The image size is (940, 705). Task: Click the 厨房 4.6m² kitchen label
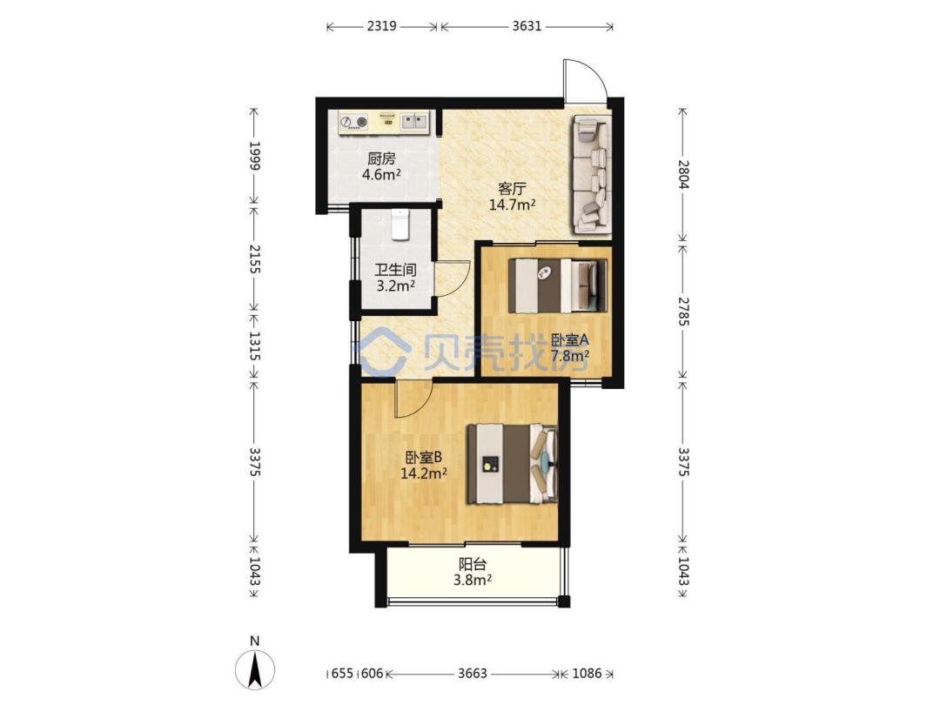[x=381, y=166]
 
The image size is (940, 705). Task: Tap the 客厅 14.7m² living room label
[x=512, y=197]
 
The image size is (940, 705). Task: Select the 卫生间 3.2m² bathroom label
[x=396, y=278]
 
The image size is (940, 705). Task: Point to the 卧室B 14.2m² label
[x=424, y=465]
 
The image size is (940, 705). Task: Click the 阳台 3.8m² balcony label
[x=473, y=572]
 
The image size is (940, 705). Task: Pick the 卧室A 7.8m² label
[x=569, y=347]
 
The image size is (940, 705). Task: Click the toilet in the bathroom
[x=400, y=225]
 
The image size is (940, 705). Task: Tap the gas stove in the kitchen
[x=353, y=123]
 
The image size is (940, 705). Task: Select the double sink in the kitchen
[x=414, y=122]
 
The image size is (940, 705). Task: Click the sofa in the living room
[x=593, y=174]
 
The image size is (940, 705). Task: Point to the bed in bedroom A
[x=558, y=285]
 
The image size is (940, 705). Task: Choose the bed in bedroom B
[x=513, y=463]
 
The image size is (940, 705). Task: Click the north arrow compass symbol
[x=255, y=668]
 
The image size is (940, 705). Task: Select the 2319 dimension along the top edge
[x=381, y=26]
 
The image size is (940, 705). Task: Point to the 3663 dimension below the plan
[x=473, y=673]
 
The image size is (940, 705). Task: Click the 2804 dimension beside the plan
[x=682, y=174]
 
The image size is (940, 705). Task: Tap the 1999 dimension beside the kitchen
[x=254, y=156]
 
